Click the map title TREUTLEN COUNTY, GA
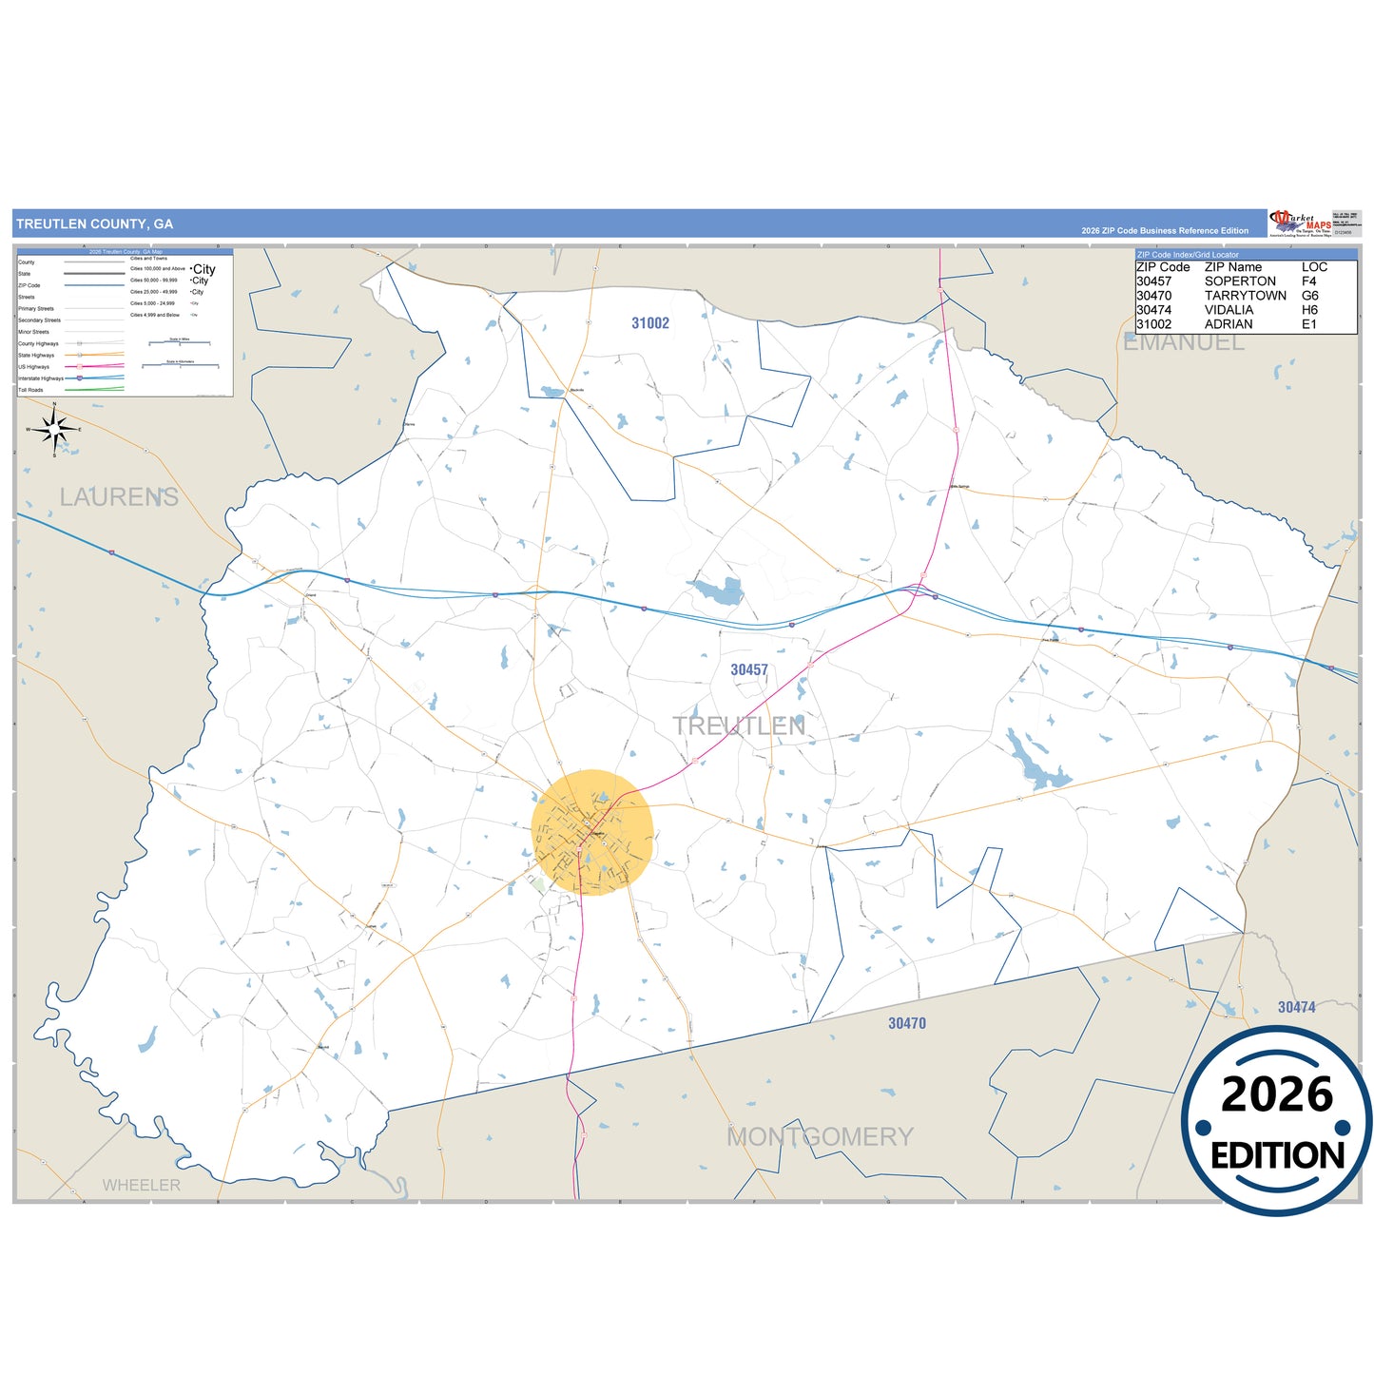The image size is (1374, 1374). click(x=94, y=224)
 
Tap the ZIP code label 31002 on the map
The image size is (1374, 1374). click(x=650, y=323)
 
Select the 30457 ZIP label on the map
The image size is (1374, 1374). click(x=748, y=670)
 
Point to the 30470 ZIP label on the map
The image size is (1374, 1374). click(x=906, y=1023)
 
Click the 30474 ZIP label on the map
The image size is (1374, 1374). click(x=1296, y=1007)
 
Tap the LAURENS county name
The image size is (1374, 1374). click(x=119, y=496)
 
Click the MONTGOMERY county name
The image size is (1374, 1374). click(x=820, y=1136)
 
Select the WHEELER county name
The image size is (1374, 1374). click(x=141, y=1185)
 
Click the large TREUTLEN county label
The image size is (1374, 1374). click(x=739, y=726)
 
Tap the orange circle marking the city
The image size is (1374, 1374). click(x=591, y=832)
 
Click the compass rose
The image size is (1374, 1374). click(x=54, y=430)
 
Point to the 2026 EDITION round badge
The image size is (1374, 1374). click(x=1276, y=1122)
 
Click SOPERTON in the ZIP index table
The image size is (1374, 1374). click(x=1240, y=281)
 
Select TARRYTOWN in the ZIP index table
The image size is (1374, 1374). click(x=1245, y=296)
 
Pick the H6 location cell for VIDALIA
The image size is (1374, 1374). click(x=1309, y=310)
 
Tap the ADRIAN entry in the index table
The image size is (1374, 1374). click(x=1228, y=324)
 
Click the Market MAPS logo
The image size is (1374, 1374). click(x=1300, y=223)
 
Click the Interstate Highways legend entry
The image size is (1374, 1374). click(x=41, y=378)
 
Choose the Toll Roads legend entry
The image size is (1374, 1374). click(x=30, y=390)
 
